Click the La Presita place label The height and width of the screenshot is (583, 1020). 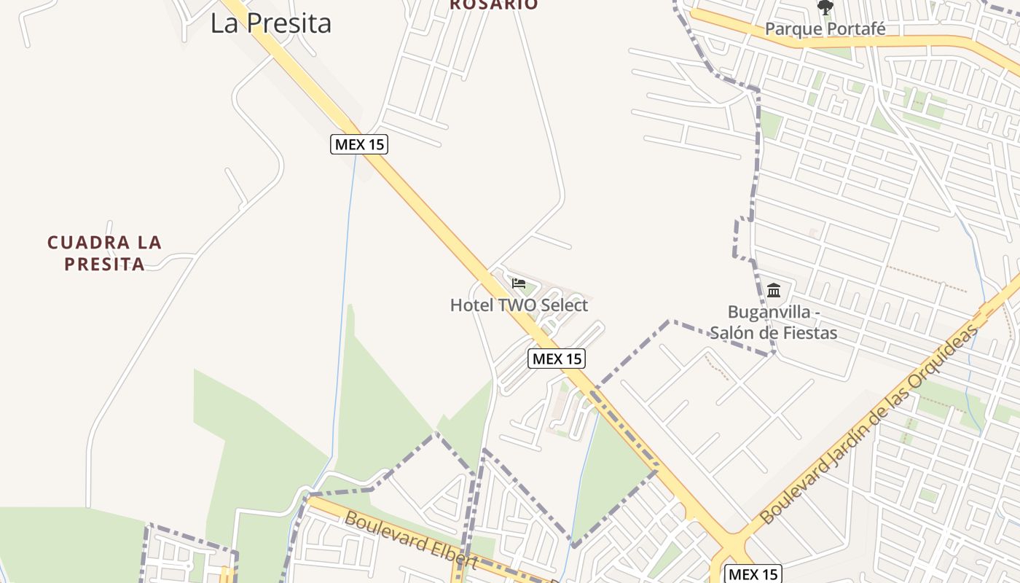point(271,23)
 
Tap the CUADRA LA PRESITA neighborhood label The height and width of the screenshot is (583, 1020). point(104,253)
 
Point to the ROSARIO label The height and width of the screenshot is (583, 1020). point(493,4)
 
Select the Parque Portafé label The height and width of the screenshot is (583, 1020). point(825,29)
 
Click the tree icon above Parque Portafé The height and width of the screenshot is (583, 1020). point(825,8)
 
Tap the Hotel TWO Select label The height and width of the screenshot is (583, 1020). point(519,305)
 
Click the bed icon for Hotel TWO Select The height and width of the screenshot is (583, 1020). point(519,283)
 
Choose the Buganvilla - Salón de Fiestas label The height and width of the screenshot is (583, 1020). point(773,323)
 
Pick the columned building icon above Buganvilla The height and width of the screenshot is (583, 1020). point(774,291)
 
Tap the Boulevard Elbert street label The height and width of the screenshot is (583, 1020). point(411,541)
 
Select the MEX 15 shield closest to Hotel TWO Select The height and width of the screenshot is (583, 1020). point(557,359)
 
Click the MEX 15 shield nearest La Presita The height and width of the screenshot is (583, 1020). point(358,144)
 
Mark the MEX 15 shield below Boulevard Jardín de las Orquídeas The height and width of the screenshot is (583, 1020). point(753,574)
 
